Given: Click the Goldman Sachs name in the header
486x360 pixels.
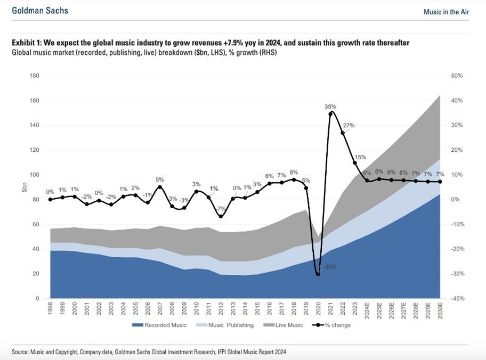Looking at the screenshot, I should click(40, 11).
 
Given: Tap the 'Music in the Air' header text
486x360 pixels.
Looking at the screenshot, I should click(446, 12).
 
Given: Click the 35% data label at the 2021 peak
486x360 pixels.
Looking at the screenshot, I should click(330, 107).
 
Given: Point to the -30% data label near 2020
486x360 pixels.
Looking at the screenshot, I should click(330, 267).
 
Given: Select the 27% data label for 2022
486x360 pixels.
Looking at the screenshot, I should click(349, 125).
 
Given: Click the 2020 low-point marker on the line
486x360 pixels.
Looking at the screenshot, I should click(318, 274).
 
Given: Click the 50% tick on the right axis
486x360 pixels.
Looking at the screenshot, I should click(457, 76).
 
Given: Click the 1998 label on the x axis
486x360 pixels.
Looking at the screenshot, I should click(51, 308).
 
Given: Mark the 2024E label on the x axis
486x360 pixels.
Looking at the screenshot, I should click(367, 309).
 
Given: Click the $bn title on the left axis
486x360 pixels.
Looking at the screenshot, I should click(25, 187).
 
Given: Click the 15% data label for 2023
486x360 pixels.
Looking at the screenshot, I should click(361, 157).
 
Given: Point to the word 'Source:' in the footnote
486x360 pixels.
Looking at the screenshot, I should click(20, 352).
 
